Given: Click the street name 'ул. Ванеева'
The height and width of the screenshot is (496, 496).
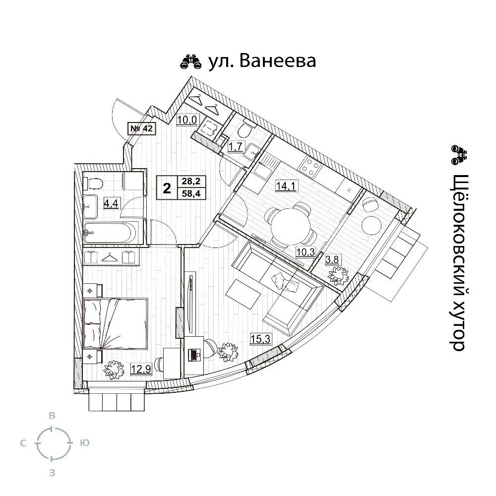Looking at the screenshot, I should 262,61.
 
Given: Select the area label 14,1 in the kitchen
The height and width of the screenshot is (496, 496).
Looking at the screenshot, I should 286,186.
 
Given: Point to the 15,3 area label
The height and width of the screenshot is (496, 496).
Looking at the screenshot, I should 260,339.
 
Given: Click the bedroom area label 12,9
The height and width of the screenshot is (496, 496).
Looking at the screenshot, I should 140,368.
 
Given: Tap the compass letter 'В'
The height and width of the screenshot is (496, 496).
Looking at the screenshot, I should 51,415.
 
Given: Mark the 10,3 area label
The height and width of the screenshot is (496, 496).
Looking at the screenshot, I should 306,252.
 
